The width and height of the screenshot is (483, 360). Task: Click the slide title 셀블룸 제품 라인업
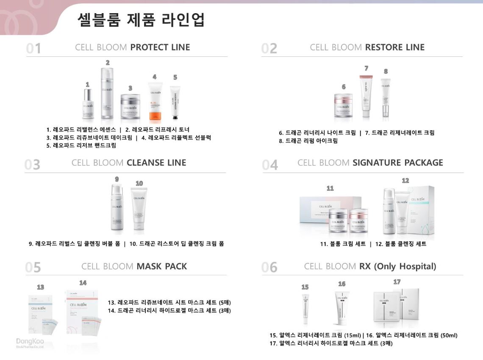coord(141,20)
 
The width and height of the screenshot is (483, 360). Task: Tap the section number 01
coord(33,48)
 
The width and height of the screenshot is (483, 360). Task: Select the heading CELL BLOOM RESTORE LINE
coord(367,47)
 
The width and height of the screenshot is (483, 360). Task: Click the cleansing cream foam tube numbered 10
coord(139,209)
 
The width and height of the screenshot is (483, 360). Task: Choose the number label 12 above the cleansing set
coord(405,181)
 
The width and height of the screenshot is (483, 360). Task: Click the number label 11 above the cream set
coord(330,188)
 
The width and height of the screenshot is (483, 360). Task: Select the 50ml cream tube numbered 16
coord(342,307)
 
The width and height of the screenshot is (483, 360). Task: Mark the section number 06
coord(269,268)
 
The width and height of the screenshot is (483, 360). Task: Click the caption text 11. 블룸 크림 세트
coord(343,244)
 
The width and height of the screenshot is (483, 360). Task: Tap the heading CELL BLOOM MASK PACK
coord(134,266)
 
